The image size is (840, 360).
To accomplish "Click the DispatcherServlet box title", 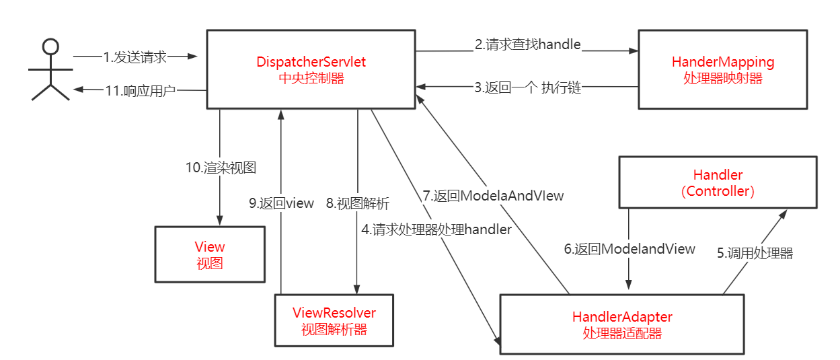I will point(311,62).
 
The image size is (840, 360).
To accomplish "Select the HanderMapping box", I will point(722,69).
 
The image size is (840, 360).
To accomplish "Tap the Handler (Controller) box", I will point(718,182).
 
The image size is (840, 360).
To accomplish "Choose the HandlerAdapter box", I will point(621,324).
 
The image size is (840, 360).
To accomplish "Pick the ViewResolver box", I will point(334,320).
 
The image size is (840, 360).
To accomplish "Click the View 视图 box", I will point(210,254).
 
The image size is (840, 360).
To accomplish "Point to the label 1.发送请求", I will point(135,57).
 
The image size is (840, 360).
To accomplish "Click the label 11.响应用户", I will point(140,90).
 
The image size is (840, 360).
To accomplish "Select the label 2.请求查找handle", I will point(527,45).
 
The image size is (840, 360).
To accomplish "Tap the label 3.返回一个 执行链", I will point(527,87).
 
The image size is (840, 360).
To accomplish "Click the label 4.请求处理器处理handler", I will point(436,229).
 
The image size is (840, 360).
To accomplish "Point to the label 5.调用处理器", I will point(755,254).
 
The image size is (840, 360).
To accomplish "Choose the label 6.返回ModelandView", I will point(629,249).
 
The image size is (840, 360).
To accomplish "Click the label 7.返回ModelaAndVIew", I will point(493,196).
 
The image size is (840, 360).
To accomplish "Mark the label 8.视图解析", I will point(357,203).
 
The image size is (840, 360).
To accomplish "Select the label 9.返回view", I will point(281,203).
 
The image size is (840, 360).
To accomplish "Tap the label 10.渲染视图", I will point(221,168).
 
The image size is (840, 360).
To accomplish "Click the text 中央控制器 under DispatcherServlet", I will point(311,78).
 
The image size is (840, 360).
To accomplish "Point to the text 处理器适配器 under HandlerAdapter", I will point(621,333).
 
